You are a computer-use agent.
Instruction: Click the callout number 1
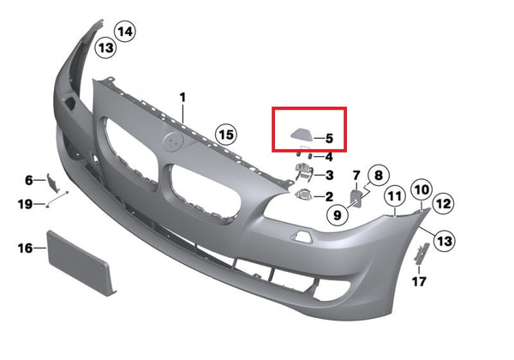[x=182, y=98]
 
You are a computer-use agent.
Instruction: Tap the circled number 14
[x=125, y=32]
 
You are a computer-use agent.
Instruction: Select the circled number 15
[x=226, y=135]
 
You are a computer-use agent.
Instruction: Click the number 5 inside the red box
[x=329, y=138]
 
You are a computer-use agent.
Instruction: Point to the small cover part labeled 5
[x=301, y=134]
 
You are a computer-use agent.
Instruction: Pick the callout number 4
[x=329, y=157]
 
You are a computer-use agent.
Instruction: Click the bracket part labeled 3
[x=303, y=171]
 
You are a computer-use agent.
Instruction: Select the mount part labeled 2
[x=303, y=195]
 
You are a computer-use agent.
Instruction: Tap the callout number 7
[x=356, y=176]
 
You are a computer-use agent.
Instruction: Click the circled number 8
[x=379, y=175]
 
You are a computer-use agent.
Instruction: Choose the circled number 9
[x=338, y=215]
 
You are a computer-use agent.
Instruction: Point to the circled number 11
[x=395, y=196]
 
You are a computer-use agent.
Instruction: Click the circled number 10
[x=421, y=189]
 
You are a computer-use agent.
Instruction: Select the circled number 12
[x=443, y=204]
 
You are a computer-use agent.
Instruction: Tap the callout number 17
[x=419, y=281]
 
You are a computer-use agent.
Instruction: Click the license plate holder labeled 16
[x=80, y=263]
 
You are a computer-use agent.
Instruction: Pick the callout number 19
[x=25, y=205]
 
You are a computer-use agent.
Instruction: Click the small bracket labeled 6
[x=51, y=183]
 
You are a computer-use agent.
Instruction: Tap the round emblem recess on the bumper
[x=173, y=141]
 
